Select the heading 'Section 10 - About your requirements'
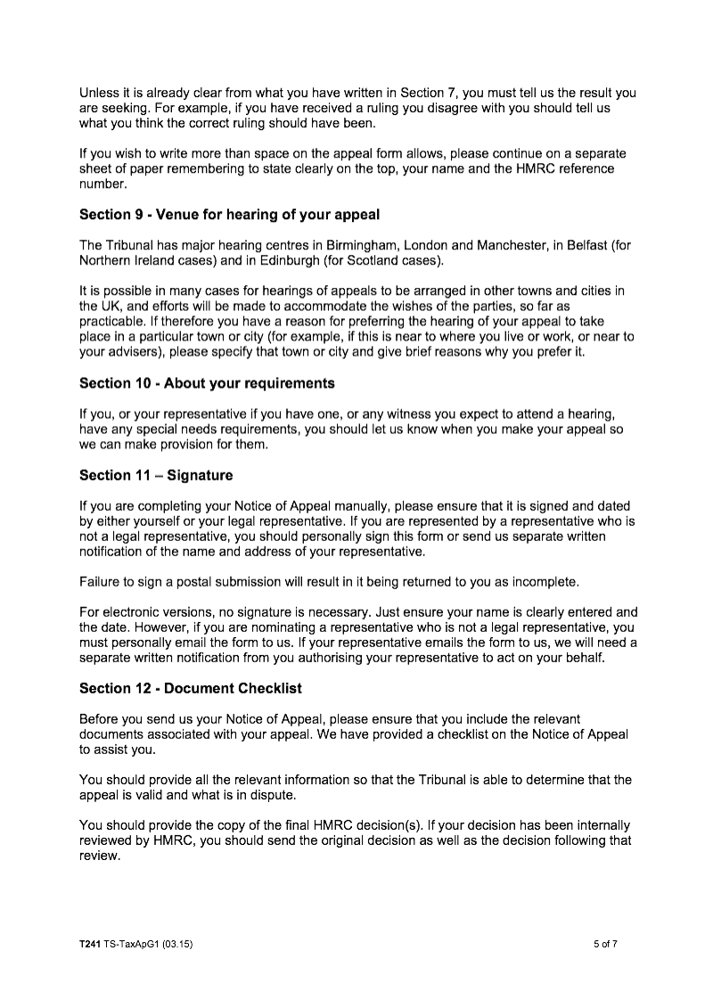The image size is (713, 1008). point(207,383)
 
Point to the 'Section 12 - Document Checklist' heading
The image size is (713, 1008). point(191,688)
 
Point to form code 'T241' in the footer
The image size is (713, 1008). point(90,944)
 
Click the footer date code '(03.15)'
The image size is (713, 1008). point(176,944)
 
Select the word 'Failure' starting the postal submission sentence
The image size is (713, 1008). point(101,582)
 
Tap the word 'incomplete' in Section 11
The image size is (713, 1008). point(547,582)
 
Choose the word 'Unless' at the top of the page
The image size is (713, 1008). point(99,94)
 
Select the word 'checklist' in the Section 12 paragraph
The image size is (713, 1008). point(506,734)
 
